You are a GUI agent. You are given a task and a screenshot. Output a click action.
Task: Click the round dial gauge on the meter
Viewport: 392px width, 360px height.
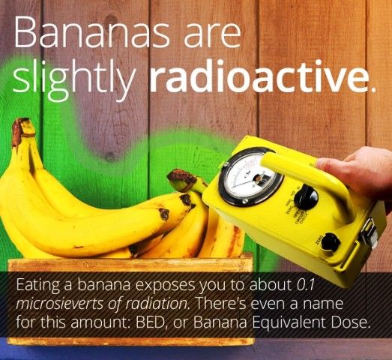click(250, 177)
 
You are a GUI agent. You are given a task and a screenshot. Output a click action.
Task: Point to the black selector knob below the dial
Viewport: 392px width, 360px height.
click(306, 197)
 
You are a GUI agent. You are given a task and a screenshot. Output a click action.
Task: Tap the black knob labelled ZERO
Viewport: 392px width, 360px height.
click(331, 242)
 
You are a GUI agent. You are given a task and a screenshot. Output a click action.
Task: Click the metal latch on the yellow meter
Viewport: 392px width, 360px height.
click(370, 233)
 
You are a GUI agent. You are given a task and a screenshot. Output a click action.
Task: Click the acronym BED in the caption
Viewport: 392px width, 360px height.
click(148, 322)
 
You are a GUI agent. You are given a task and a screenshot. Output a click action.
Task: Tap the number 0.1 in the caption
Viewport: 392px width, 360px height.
click(303, 286)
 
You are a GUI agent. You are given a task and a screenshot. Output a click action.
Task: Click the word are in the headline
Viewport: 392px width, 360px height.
click(212, 35)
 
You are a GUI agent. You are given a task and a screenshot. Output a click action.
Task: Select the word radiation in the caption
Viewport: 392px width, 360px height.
click(156, 304)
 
